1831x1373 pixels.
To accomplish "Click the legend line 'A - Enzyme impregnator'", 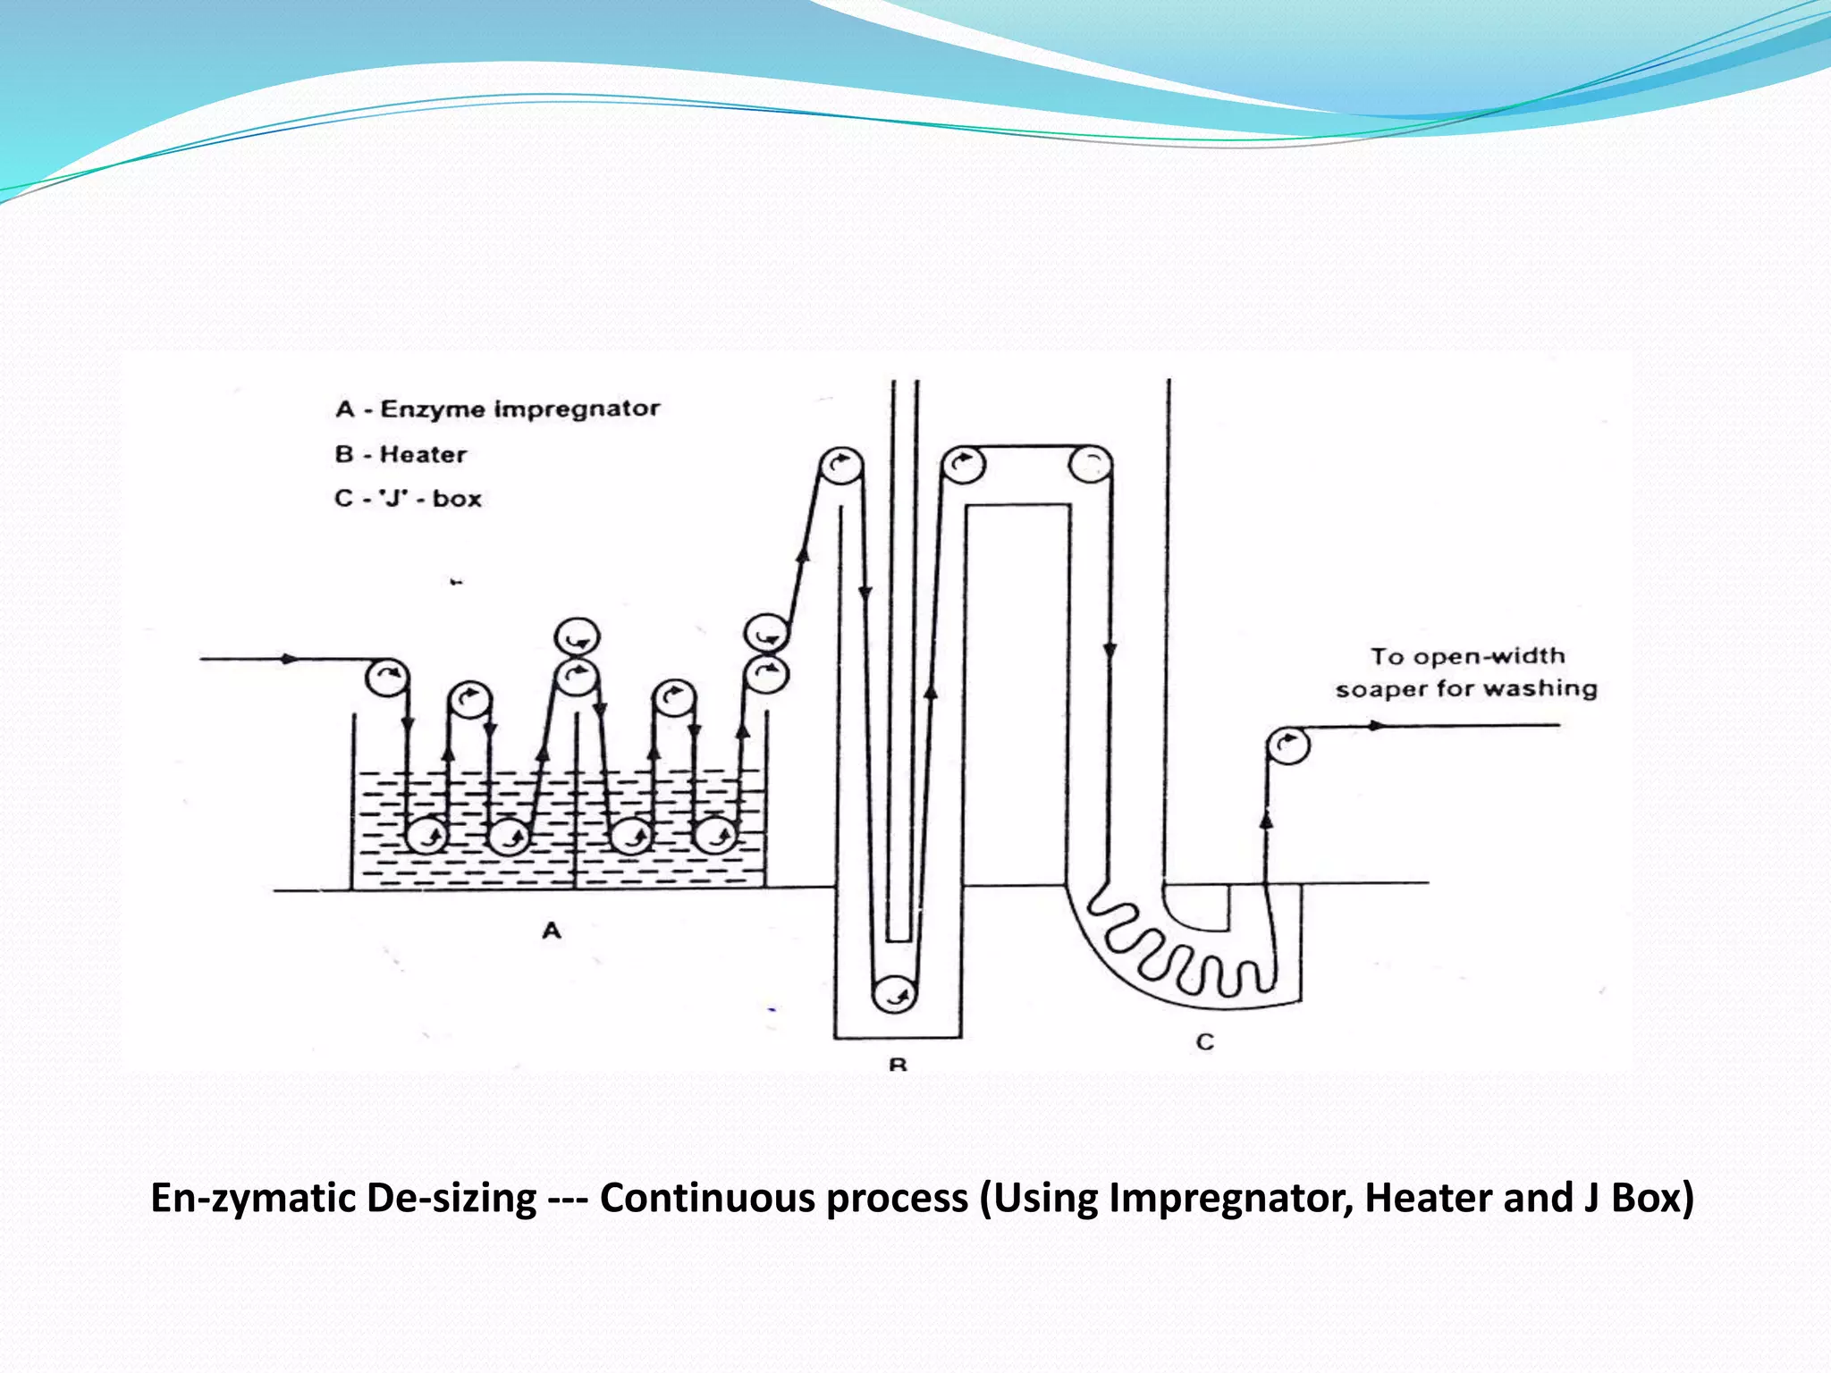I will click(x=497, y=409).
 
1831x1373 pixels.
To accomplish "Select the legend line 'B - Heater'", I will click(x=401, y=454).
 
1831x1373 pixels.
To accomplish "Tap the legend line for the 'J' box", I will click(x=408, y=498).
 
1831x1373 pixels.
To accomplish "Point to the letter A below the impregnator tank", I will click(x=552, y=931).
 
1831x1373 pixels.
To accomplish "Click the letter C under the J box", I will click(x=1205, y=1041).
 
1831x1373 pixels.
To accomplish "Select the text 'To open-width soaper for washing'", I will click(x=1466, y=672).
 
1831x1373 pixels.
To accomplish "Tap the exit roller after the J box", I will click(x=1287, y=745).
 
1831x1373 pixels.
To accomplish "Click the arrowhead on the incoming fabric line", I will click(x=289, y=659).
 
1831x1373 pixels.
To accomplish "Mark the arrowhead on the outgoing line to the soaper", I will click(x=1378, y=726).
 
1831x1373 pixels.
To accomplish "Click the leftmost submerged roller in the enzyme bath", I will click(x=426, y=837).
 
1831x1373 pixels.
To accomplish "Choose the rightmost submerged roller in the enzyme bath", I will click(x=715, y=837).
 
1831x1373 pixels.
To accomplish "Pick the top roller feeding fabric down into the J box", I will click(x=1091, y=465).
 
